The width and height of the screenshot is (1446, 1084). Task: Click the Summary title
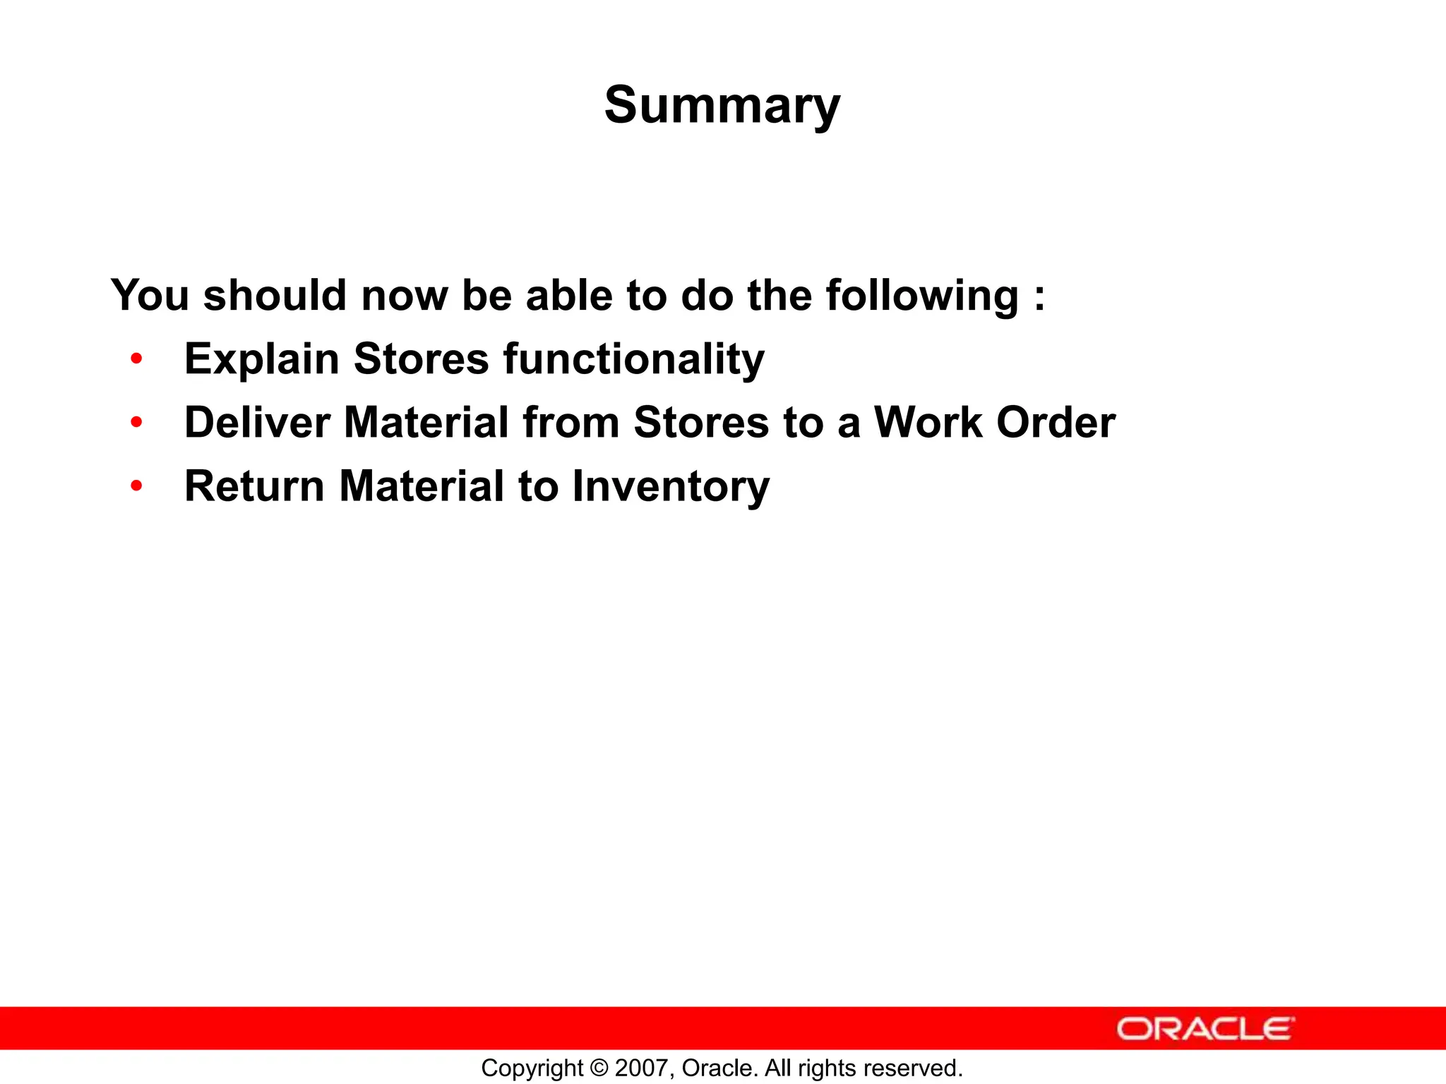point(722,106)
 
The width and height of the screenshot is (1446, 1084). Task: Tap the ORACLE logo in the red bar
point(1205,1028)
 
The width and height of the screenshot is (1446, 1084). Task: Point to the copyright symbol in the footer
point(598,1068)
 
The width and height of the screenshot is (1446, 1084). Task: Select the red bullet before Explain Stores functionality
point(136,359)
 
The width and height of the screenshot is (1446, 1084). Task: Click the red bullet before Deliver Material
point(136,423)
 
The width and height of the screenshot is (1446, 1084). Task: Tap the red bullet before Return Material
point(136,486)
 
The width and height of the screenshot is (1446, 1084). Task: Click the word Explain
point(262,360)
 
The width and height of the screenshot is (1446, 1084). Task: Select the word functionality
point(633,360)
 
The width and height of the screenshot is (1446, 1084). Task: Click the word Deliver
point(257,423)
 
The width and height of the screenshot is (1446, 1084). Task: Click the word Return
point(254,486)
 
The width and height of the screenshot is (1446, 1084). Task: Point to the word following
point(922,296)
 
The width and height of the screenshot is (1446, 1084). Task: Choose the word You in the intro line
point(150,295)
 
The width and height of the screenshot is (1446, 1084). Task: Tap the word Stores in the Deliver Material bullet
point(701,423)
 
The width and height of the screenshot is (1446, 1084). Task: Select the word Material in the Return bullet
point(422,486)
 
